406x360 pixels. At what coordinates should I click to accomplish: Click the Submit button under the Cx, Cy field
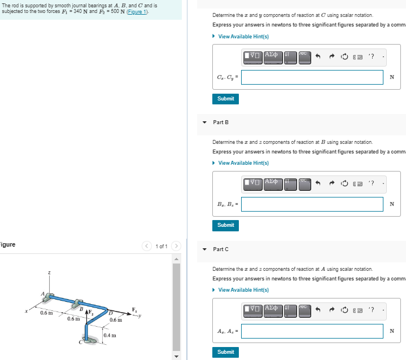pos(225,99)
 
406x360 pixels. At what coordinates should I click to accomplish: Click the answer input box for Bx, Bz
pos(312,204)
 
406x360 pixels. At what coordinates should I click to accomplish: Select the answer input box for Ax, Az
pos(312,331)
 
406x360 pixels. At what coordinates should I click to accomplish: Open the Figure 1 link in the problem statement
pos(138,12)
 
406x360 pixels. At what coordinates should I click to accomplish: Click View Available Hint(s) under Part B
pos(243,163)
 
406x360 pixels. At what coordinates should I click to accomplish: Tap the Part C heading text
pos(221,249)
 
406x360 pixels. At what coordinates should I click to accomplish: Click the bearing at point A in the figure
pos(50,296)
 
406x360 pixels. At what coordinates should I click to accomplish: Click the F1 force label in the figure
pos(134,309)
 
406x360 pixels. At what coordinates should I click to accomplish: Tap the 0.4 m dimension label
pos(111,336)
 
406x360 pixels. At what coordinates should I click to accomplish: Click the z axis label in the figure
pos(49,273)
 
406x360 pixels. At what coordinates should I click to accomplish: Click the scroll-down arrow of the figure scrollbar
pos(176,355)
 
